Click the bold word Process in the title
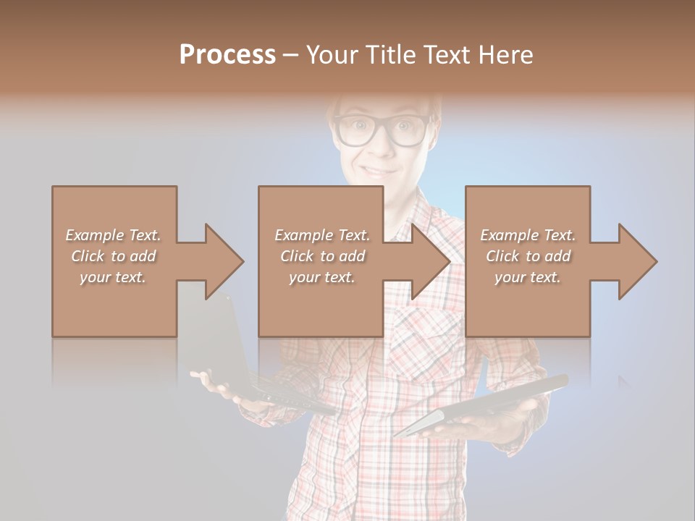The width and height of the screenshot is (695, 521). [227, 54]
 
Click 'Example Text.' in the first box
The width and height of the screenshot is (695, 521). [113, 235]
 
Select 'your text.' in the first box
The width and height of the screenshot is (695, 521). [113, 277]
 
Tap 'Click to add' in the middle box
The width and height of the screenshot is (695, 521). [322, 256]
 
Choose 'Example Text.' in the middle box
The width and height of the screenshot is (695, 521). [322, 235]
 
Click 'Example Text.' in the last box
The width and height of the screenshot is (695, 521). [528, 235]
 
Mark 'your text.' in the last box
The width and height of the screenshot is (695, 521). [528, 277]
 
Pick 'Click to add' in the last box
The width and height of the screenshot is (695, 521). [528, 256]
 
